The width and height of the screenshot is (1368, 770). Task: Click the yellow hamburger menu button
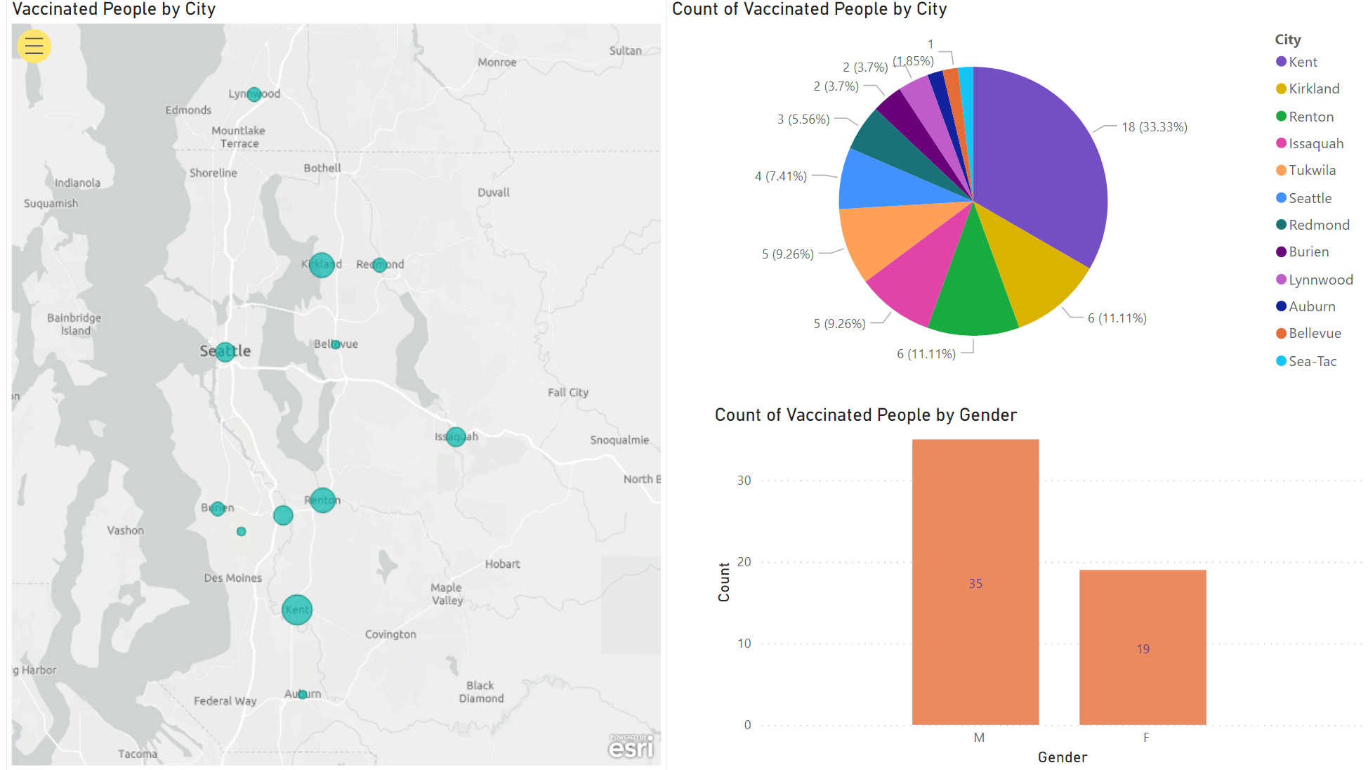point(34,46)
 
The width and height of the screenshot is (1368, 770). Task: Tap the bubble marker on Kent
point(297,609)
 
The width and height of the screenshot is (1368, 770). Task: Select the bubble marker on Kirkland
point(322,265)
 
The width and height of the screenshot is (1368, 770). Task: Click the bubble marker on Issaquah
point(456,437)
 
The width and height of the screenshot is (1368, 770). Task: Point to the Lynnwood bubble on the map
point(254,94)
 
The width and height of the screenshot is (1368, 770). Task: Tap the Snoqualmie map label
point(619,440)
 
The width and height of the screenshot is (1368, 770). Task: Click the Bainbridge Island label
point(74,324)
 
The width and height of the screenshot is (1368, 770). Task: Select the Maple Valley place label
point(447,594)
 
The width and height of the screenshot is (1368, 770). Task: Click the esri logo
point(631,748)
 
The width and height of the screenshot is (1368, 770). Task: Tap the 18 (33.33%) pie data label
point(1154,127)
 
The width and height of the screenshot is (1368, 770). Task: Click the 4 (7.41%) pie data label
point(780,176)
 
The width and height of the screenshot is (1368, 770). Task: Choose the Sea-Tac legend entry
point(1312,361)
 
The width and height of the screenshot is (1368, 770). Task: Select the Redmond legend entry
point(1318,225)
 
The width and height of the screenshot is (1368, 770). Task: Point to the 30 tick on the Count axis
point(744,481)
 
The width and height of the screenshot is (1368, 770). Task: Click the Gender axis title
point(1062,757)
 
